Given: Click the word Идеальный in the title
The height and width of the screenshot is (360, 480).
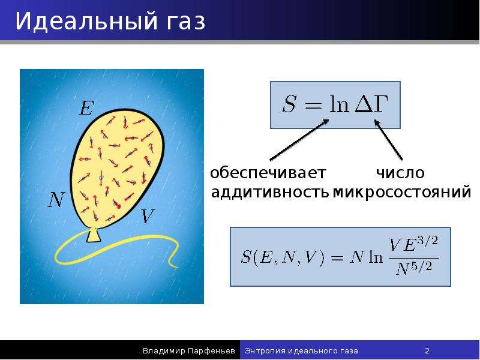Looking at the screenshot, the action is coord(82,22).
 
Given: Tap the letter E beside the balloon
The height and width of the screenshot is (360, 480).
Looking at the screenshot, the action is coord(86,108).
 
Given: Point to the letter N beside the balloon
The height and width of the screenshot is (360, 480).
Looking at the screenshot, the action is coord(56,200).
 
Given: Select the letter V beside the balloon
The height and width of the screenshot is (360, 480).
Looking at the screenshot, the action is coord(148,216).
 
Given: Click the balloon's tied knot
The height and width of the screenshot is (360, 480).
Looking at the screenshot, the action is coord(94,235).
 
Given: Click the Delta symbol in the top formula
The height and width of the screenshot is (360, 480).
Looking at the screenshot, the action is coord(362,104).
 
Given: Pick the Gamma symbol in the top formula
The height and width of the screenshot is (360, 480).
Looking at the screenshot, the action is coord(380,104).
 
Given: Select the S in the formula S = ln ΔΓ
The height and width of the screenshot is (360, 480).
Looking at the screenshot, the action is coord(289,104).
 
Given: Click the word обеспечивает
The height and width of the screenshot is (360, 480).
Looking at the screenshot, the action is coord(268,173).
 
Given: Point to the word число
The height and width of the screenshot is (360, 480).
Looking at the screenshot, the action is coord(400,173).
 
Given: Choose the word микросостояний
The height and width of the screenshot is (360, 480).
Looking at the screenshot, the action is coord(401,193).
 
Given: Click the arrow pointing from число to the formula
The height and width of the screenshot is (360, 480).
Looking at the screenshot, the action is coord(388,140).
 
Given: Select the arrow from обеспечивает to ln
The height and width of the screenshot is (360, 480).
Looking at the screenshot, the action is coord(299,140).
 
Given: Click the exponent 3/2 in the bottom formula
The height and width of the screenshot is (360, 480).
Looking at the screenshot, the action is coord(428,241).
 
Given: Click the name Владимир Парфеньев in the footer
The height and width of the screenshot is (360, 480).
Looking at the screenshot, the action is coord(188,351).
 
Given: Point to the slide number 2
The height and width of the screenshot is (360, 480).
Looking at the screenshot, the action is coord(427,351).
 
